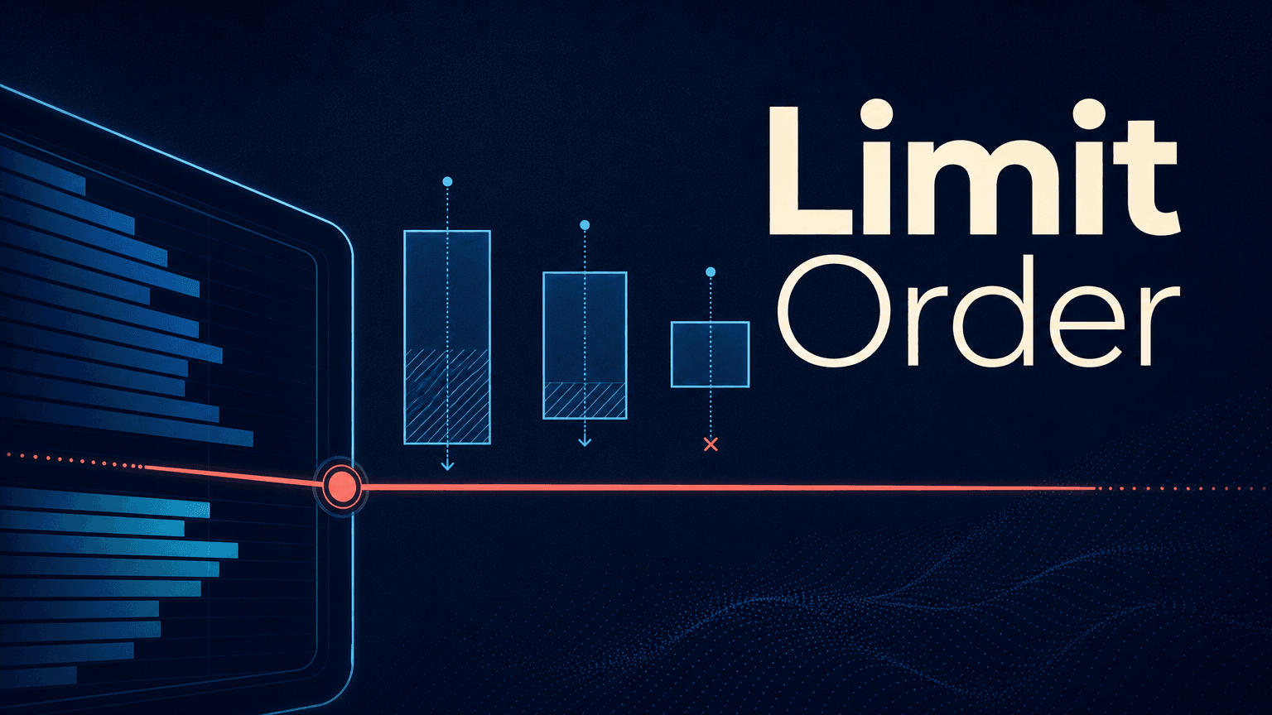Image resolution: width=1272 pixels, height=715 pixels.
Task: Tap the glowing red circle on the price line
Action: point(341,487)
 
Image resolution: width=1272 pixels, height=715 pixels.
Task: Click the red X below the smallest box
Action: point(711,444)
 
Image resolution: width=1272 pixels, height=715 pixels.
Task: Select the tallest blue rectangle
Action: point(447,337)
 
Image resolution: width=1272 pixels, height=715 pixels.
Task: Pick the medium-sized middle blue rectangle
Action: point(585,345)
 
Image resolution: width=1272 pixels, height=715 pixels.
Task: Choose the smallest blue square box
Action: point(710,354)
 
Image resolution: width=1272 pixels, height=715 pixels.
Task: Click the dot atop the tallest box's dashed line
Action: point(447,181)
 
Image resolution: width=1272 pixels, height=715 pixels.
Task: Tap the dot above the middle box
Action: point(585,225)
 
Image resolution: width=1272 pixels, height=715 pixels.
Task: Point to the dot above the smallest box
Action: point(711,272)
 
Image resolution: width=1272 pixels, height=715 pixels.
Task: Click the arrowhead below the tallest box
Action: point(447,466)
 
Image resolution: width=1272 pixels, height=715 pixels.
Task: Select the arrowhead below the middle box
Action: point(585,441)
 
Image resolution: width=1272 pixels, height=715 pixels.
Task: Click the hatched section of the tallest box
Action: point(447,396)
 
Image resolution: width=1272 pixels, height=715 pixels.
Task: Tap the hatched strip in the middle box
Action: point(585,400)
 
